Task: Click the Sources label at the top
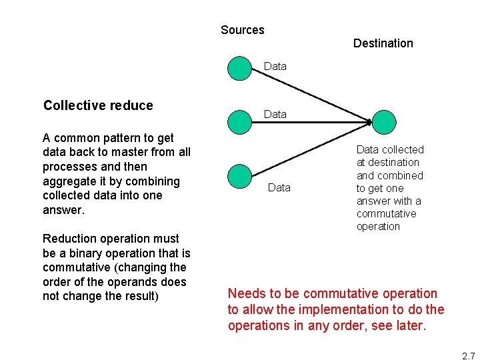coord(242,30)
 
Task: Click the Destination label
coord(383,43)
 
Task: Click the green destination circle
coord(383,122)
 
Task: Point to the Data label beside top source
coord(275,66)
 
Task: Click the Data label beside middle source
coord(275,115)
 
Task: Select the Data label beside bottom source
coord(279,188)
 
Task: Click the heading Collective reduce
coord(98,105)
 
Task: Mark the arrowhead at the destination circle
coord(369,121)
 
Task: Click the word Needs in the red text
coord(247,294)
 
